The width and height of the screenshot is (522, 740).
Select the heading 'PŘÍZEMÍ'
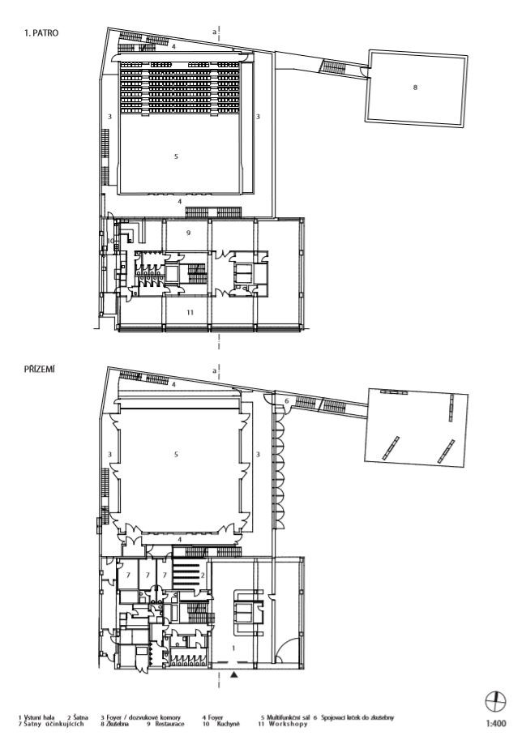(x=41, y=369)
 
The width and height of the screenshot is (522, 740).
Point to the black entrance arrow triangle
(x=233, y=673)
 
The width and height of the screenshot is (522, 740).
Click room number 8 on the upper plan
(x=416, y=88)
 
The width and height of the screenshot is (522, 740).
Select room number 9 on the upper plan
(x=187, y=233)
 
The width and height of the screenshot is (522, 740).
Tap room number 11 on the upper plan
(x=187, y=311)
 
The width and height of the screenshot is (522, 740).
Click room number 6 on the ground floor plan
(x=286, y=400)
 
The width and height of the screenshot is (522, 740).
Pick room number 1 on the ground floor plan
(x=233, y=648)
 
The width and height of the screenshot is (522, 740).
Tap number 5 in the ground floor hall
(x=176, y=455)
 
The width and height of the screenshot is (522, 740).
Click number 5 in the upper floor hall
(x=176, y=156)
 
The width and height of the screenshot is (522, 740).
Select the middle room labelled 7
(x=147, y=575)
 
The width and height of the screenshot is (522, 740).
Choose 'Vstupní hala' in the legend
(x=41, y=717)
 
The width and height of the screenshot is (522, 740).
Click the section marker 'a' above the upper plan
(x=214, y=31)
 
